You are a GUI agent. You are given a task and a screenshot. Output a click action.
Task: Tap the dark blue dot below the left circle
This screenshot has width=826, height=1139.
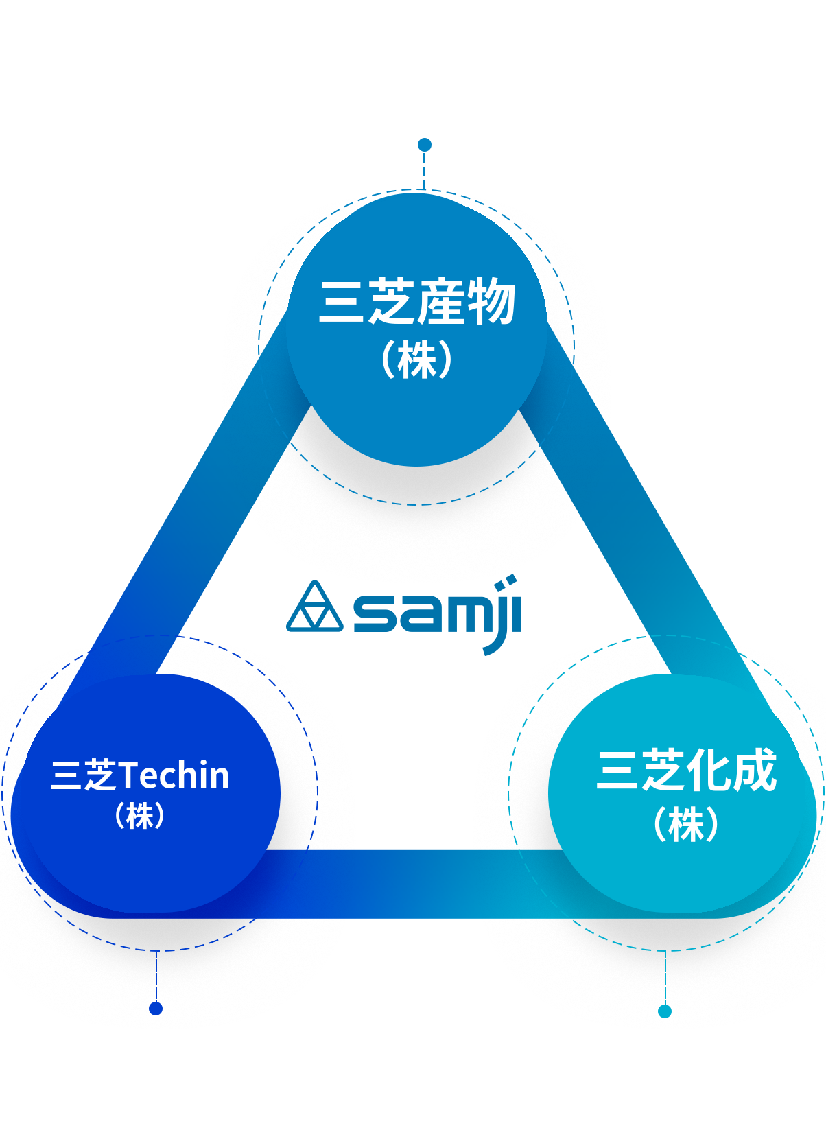point(156,1009)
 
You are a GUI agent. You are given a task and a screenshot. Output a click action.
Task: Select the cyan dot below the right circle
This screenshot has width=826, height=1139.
point(664,1011)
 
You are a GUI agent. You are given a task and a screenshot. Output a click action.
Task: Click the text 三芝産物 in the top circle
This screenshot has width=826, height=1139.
point(417,301)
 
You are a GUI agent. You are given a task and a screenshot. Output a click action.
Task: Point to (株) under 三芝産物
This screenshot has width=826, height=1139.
point(417,359)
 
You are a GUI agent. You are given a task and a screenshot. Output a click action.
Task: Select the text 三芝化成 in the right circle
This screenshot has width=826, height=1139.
point(686,770)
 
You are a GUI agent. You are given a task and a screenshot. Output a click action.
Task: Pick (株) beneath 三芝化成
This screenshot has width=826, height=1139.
point(686,824)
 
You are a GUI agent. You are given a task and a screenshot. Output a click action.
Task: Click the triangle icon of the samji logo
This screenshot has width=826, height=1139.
point(315,607)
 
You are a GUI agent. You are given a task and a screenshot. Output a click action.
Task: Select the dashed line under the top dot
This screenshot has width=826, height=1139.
point(424,170)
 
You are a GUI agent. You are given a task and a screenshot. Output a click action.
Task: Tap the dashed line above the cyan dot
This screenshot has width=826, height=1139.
point(665,978)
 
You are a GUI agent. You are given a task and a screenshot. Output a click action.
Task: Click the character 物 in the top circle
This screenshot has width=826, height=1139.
point(491,301)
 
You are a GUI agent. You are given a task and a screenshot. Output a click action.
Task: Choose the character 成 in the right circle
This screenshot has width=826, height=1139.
point(755,770)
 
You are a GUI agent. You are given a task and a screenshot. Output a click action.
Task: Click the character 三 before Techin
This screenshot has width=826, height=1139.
point(66,775)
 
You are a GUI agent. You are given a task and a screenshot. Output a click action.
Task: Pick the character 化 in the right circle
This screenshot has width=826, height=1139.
point(709,770)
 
